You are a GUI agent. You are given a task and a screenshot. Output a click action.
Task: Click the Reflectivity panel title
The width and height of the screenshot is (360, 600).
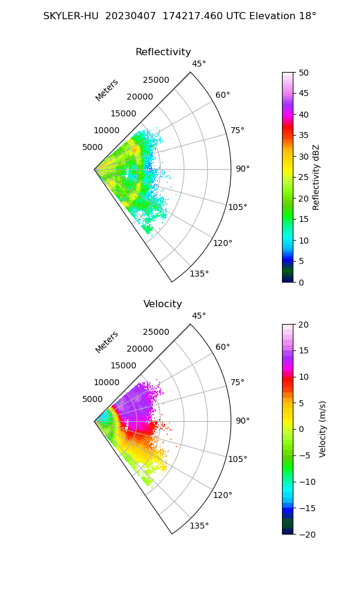[163, 52]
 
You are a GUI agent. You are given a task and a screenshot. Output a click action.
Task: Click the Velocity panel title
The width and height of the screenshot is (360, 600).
[163, 304]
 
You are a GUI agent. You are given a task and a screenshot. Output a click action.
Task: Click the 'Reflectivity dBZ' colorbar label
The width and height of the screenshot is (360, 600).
[316, 177]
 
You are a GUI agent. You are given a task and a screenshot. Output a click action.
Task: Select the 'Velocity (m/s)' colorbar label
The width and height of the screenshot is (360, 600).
[322, 429]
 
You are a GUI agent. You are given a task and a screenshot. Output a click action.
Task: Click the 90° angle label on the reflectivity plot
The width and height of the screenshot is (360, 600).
[242, 169]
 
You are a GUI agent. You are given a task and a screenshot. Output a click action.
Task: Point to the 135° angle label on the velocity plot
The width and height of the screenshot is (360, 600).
[199, 526]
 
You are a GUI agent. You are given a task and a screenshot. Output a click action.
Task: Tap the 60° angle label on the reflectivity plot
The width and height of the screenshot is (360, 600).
[223, 95]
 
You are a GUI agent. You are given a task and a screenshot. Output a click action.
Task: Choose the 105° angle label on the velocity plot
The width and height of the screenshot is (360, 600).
[238, 459]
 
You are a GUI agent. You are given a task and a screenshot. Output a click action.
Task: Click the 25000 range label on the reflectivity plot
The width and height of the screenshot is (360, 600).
[156, 80]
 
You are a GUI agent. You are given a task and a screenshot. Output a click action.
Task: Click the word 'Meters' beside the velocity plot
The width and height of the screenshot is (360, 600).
[107, 342]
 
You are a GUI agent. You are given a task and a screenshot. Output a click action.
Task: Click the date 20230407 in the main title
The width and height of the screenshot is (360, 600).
[129, 16]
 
